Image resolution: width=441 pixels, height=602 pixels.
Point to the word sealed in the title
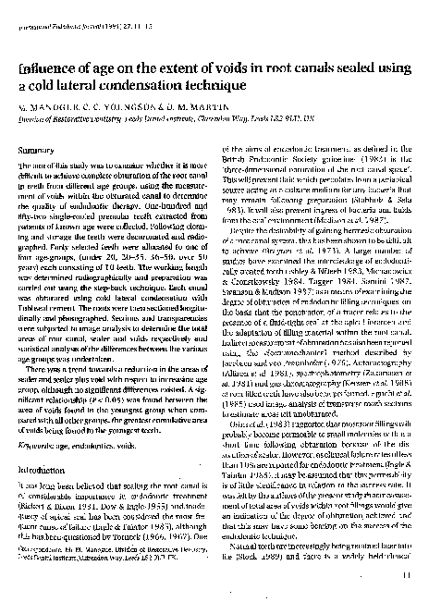361,68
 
